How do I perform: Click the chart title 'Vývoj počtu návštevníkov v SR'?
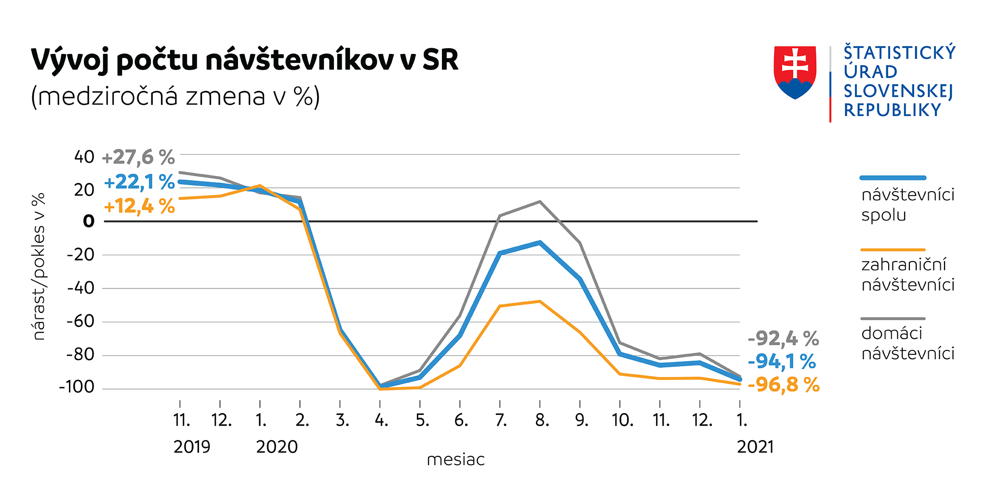[244, 60]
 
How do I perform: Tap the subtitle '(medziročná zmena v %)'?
[175, 96]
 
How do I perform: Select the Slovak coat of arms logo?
[795, 72]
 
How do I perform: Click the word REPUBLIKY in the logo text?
[892, 110]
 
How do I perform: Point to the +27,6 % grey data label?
[139, 157]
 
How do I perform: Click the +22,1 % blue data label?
[139, 182]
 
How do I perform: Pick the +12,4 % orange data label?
[139, 207]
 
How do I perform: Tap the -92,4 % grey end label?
[783, 338]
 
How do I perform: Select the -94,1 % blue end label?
[782, 361]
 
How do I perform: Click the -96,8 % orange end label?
[783, 385]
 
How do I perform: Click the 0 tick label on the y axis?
[89, 221]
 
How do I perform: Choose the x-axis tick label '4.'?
[381, 421]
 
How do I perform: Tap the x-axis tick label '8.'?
[542, 421]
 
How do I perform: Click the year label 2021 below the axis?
[755, 447]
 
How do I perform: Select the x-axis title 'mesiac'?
[455, 460]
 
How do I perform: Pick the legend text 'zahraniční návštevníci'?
[907, 274]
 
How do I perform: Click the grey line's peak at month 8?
[540, 201]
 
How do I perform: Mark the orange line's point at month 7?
[500, 306]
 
